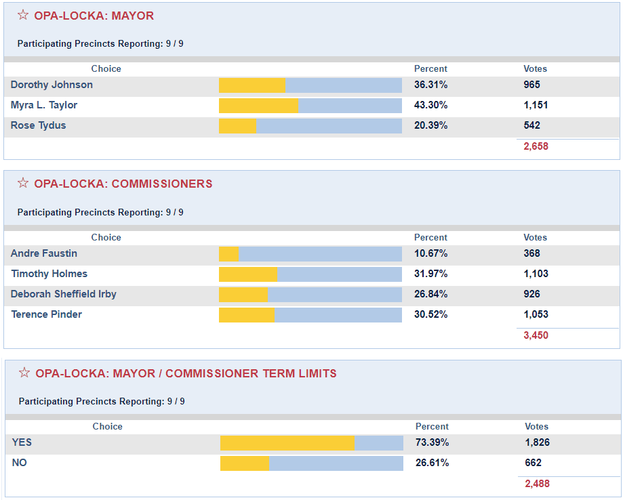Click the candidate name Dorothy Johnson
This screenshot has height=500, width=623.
coord(52,85)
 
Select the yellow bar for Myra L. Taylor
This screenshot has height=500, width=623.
coord(258,106)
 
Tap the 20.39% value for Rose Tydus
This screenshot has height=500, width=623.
coord(430,125)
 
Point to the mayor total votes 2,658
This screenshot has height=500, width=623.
coord(536,146)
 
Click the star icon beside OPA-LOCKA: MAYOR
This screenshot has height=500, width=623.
coord(23,15)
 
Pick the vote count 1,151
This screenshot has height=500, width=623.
coord(536,105)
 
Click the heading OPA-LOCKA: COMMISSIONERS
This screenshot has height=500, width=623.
coord(123,184)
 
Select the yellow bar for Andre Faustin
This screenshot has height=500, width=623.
coord(228,254)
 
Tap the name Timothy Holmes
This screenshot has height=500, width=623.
coord(49,274)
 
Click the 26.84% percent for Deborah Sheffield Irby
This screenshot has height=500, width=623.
coord(430,294)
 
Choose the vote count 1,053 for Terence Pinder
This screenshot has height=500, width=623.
coord(536,314)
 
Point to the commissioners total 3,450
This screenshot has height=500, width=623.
coord(536,335)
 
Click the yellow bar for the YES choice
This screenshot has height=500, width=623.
coord(287,443)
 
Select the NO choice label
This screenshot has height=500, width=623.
coord(20,463)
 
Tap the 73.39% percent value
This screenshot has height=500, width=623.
coord(432,442)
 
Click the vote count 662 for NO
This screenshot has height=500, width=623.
coord(533,463)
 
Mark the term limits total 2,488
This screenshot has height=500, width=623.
coord(537,484)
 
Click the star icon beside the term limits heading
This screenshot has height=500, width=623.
coord(24,373)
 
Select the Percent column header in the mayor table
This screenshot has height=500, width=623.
coord(430,68)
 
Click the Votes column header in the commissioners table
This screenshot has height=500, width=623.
coord(535,237)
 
